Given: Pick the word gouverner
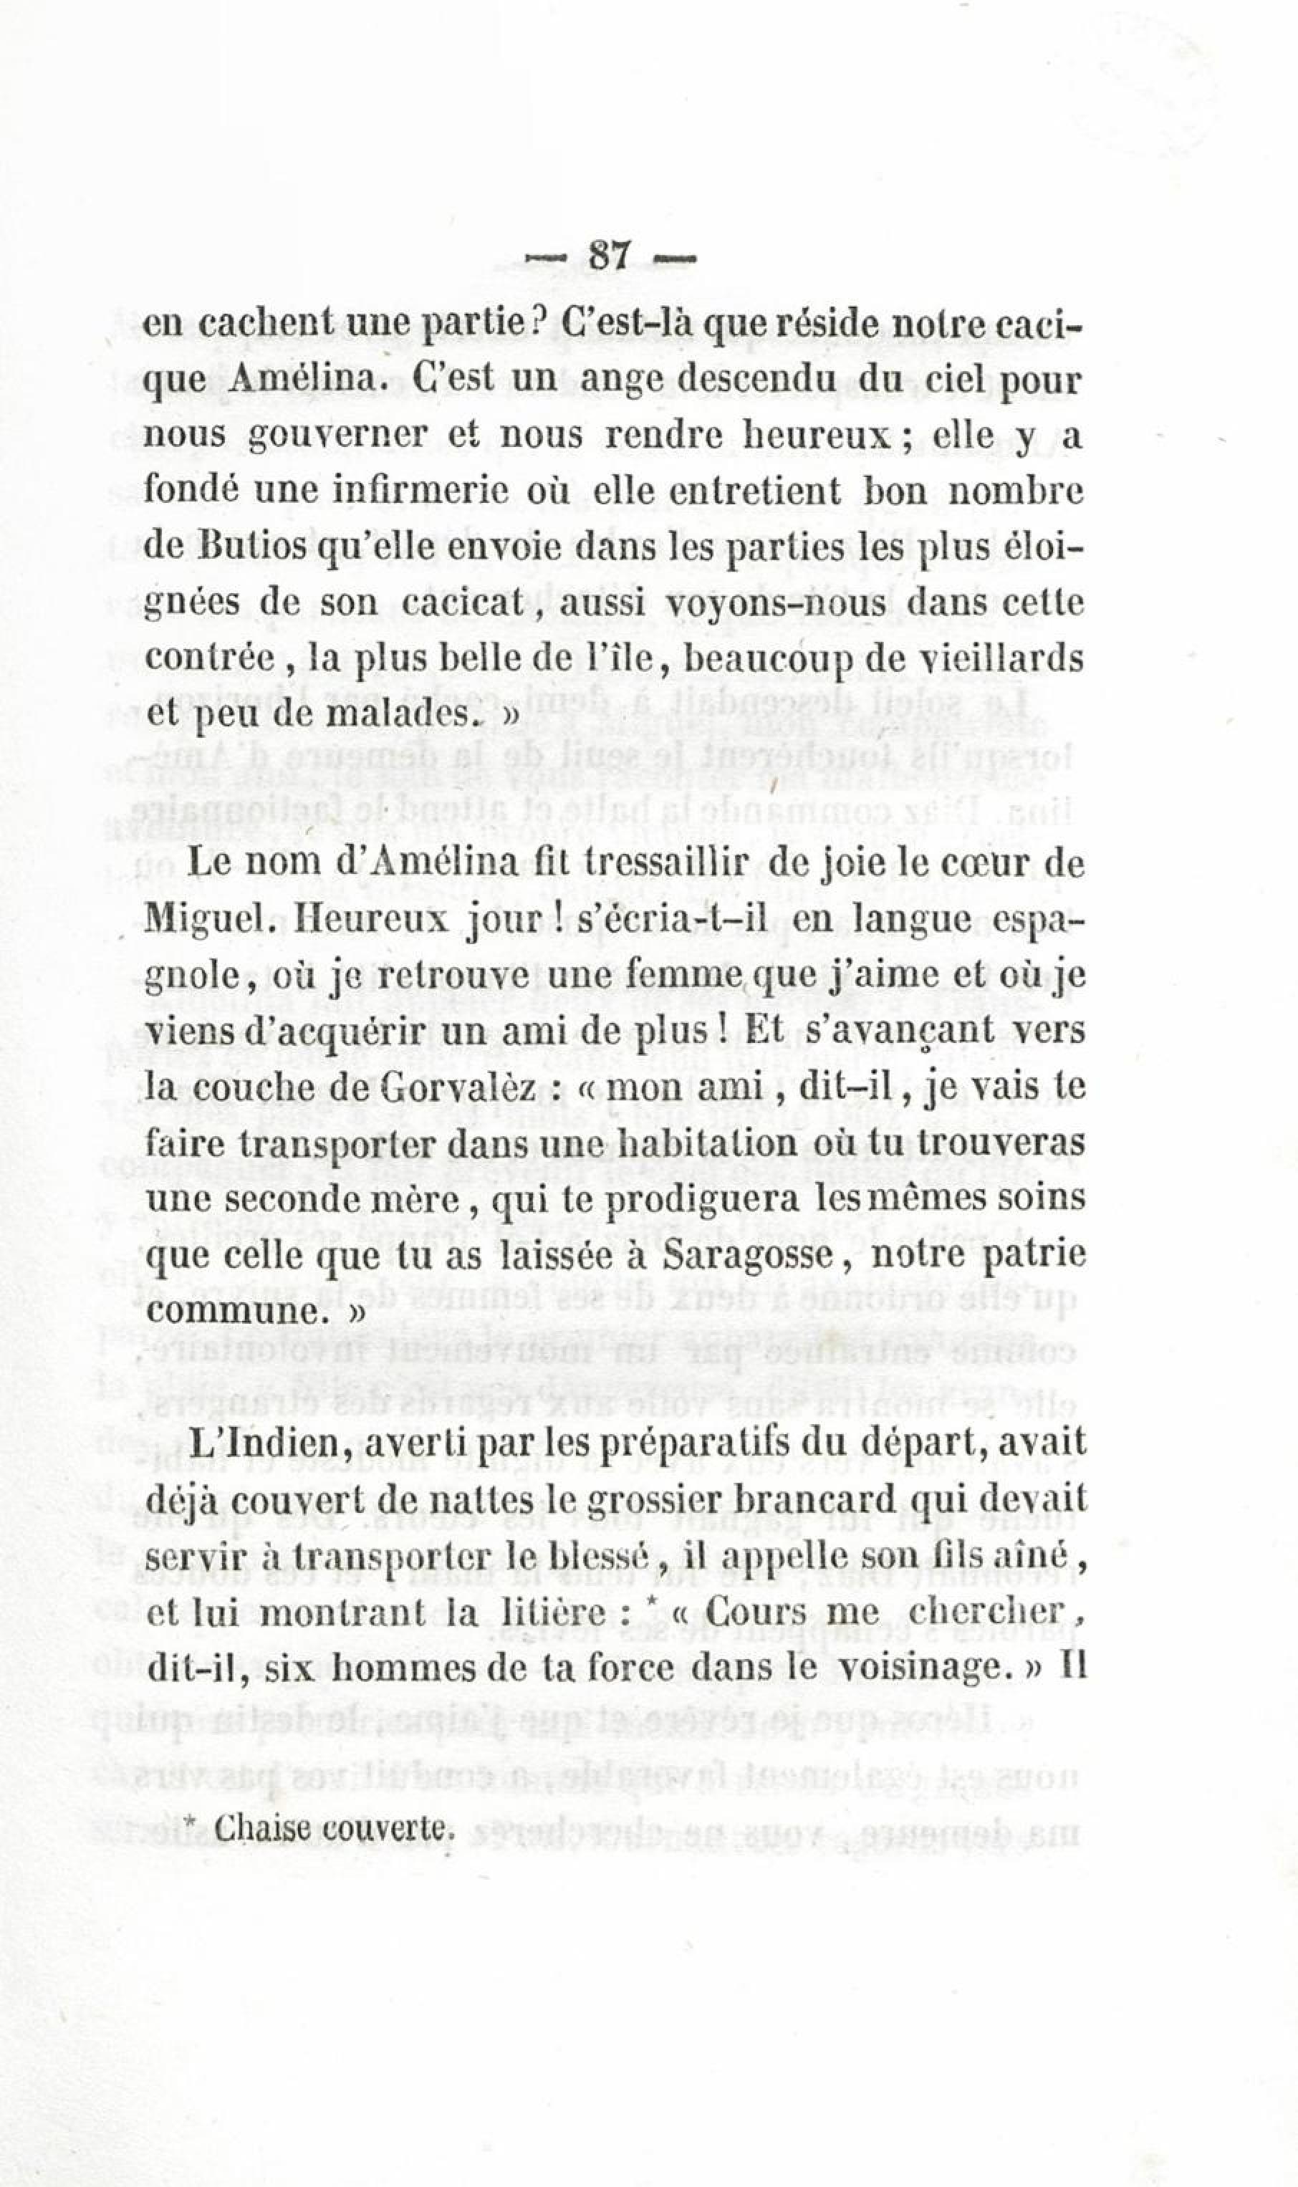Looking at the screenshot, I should click(x=298, y=436).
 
